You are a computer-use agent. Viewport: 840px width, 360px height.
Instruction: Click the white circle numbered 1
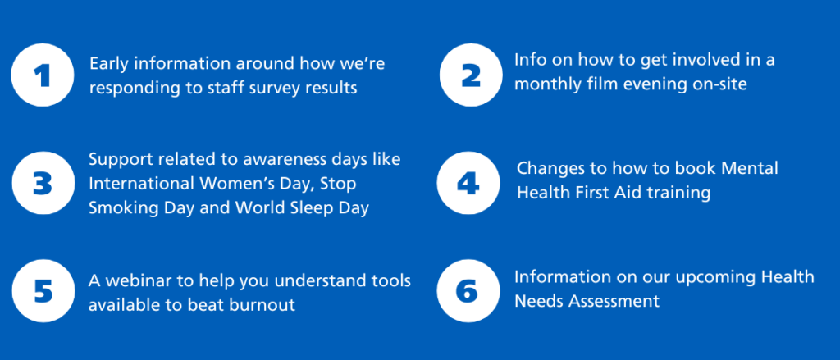coord(43,75)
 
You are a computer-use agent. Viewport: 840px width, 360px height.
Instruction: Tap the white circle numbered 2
coord(471,75)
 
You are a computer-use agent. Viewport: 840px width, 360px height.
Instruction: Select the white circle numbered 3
coord(43,183)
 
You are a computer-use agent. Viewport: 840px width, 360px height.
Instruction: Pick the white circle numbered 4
coord(468,183)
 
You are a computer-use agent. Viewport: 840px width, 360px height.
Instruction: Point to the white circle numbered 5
coord(43,291)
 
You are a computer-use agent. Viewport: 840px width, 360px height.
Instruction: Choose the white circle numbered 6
coord(468,291)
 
